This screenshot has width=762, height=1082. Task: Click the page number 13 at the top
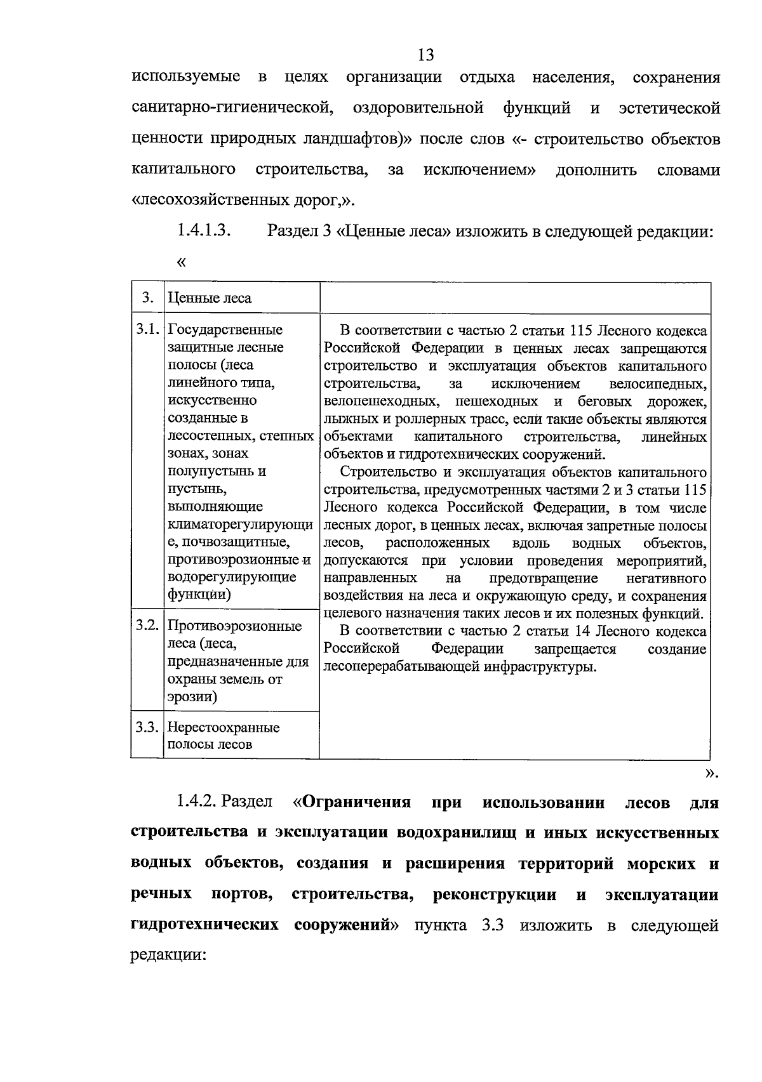tap(426, 55)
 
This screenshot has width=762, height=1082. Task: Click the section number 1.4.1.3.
tap(203, 231)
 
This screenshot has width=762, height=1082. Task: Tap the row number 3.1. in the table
tap(147, 329)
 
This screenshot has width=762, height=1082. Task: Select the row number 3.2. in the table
tap(147, 625)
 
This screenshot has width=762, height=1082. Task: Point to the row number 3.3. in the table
tap(147, 727)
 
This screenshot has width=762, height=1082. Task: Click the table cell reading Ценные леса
tap(210, 298)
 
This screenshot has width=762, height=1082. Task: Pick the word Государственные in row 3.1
tap(225, 330)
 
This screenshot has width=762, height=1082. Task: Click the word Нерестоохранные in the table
tap(224, 727)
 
